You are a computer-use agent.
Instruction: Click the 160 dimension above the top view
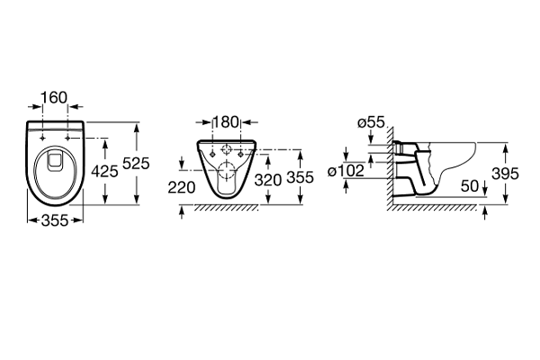[x=54, y=97]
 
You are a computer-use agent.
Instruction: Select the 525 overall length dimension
[x=137, y=163]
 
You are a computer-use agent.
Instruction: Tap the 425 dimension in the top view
[x=104, y=171]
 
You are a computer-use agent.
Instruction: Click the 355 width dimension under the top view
[x=55, y=220]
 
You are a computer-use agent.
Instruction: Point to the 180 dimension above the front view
[x=226, y=122]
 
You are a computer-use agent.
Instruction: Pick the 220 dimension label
[x=182, y=188]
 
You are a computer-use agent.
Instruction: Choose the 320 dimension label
[x=268, y=180]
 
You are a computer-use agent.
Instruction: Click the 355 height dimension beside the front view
[x=301, y=178]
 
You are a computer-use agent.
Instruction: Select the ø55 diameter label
[x=371, y=122]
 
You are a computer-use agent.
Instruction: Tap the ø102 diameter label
[x=346, y=171]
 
